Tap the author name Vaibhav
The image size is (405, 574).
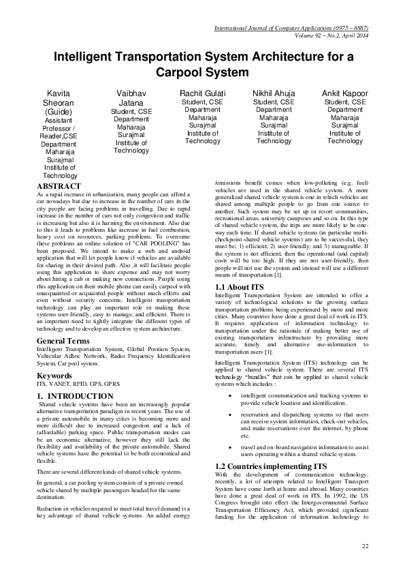pos(131,92)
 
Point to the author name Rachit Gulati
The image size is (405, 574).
pos(203,92)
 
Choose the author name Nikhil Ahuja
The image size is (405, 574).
pos(274,92)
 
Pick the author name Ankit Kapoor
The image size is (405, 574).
pos(345,92)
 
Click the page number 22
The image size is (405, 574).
pos(365,546)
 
